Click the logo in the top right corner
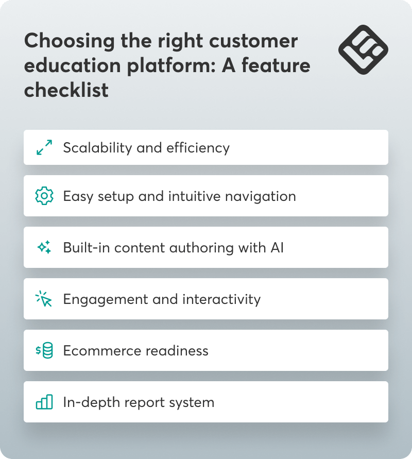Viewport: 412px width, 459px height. click(363, 49)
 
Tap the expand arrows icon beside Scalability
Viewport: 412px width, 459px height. click(44, 148)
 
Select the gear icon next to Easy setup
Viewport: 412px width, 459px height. click(44, 196)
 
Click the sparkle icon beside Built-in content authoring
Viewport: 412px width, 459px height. click(44, 248)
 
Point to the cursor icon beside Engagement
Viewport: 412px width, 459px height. click(44, 299)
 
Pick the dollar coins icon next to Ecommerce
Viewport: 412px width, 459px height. click(44, 351)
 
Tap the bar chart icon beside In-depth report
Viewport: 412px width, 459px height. click(44, 402)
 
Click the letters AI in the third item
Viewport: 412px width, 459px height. click(277, 248)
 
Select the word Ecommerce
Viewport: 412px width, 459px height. click(95, 351)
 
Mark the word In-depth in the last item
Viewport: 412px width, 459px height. click(85, 402)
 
